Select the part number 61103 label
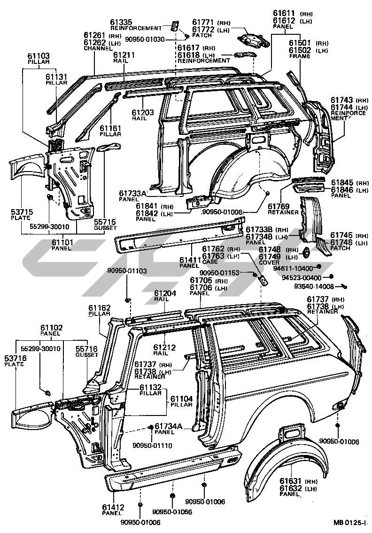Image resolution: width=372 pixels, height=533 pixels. coord(39,56)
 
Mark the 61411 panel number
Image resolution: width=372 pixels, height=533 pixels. coord(190,259)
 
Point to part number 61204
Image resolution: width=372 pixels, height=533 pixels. coord(165,292)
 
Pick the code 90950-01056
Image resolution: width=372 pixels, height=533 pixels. coord(172,511)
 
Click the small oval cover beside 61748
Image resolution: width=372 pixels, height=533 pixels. coord(306,252)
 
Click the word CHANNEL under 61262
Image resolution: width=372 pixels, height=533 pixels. coord(96,48)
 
